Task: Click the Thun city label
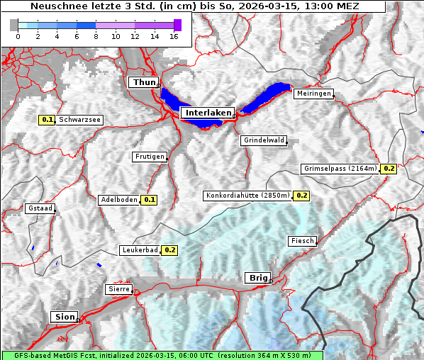[x=143, y=83]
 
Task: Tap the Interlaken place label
[x=207, y=113]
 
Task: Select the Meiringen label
[x=313, y=94]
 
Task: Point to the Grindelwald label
[x=264, y=140]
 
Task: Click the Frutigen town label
[x=149, y=157]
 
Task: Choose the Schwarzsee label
[x=80, y=120]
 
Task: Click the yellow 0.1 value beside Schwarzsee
[x=48, y=120]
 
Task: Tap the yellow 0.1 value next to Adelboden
[x=149, y=200]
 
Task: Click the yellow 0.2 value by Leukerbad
[x=169, y=250]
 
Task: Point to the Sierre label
[x=118, y=289]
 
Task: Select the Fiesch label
[x=302, y=241]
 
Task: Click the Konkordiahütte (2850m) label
[x=247, y=195]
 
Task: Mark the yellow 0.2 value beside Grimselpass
[x=389, y=169]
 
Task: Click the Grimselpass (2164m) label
[x=340, y=169]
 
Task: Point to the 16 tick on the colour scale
[x=174, y=37]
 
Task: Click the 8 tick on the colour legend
[x=96, y=37]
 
